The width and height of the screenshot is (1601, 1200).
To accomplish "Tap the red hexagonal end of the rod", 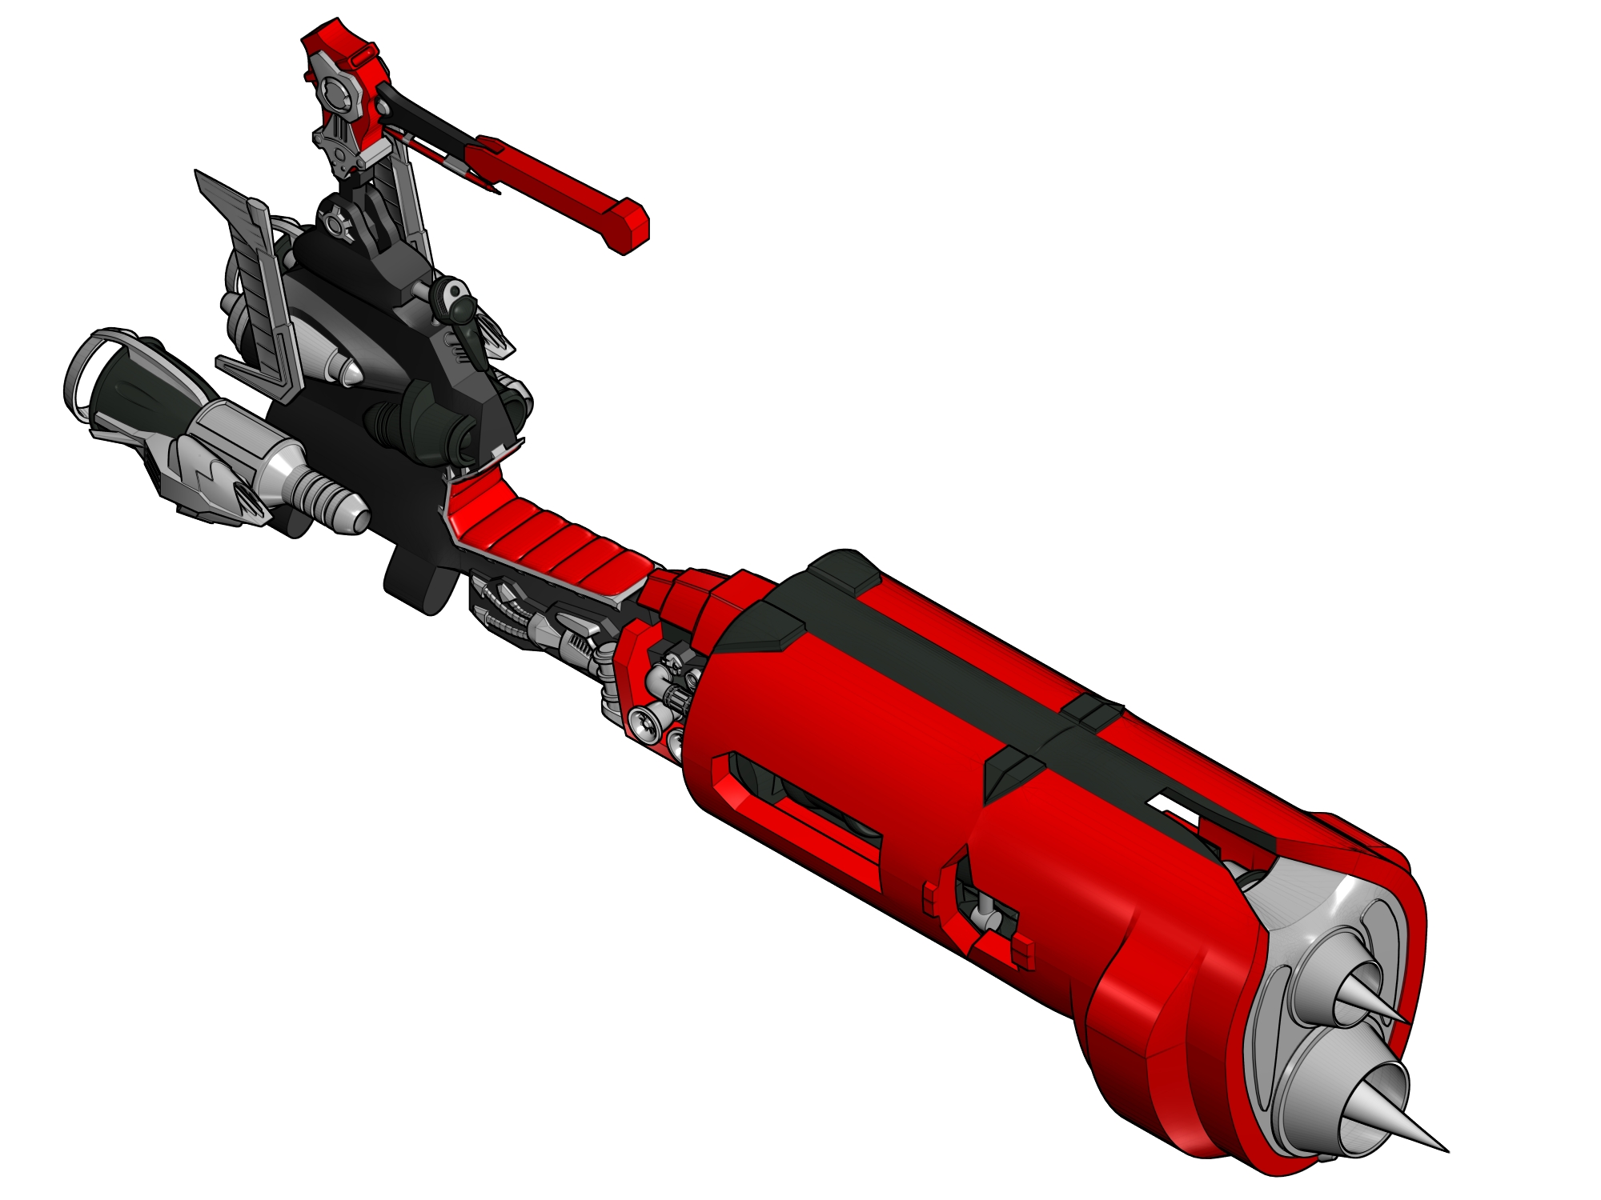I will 628,226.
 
